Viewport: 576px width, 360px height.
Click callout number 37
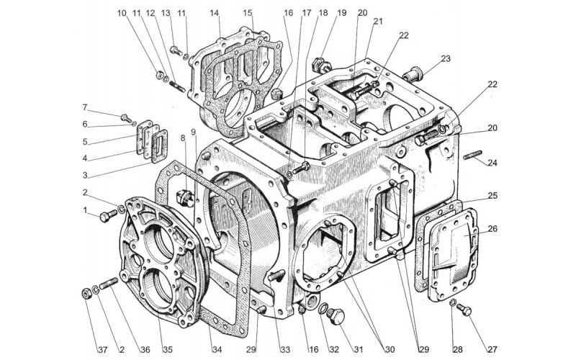[x=102, y=350]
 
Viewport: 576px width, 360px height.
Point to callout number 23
[x=445, y=59]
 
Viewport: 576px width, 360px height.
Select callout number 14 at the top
[x=215, y=13]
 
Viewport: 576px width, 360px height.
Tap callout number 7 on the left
[x=85, y=108]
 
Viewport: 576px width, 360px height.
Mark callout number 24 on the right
[x=492, y=163]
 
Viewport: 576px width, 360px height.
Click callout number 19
[x=341, y=13]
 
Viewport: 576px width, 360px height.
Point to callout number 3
[x=85, y=175]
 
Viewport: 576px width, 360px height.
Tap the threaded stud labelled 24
[x=472, y=155]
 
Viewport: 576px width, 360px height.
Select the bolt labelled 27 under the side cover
[x=464, y=310]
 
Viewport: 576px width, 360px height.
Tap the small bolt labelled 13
[x=176, y=50]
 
